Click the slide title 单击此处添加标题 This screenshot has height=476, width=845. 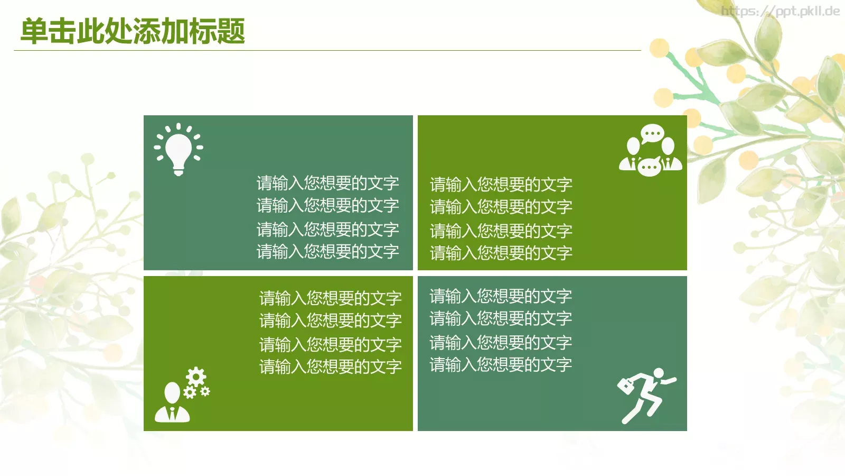point(133,31)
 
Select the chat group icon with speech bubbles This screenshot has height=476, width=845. point(651,151)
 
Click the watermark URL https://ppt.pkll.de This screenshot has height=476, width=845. point(780,11)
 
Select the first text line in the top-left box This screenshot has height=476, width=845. point(327,183)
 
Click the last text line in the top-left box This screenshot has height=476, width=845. point(327,251)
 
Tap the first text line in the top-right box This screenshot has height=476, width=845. point(501,185)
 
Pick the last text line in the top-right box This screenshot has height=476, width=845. point(501,253)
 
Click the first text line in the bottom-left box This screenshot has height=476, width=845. point(330,298)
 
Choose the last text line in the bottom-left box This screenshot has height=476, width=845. point(330,367)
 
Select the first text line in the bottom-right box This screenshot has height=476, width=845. point(501,296)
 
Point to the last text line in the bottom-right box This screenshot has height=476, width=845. point(501,364)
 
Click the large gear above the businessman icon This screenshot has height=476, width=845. point(196,377)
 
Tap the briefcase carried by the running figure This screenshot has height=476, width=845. point(626,385)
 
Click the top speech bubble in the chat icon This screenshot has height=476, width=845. point(652,133)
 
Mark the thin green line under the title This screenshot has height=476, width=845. point(327,51)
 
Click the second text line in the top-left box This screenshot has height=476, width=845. point(327,205)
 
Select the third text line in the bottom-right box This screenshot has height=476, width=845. point(501,343)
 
